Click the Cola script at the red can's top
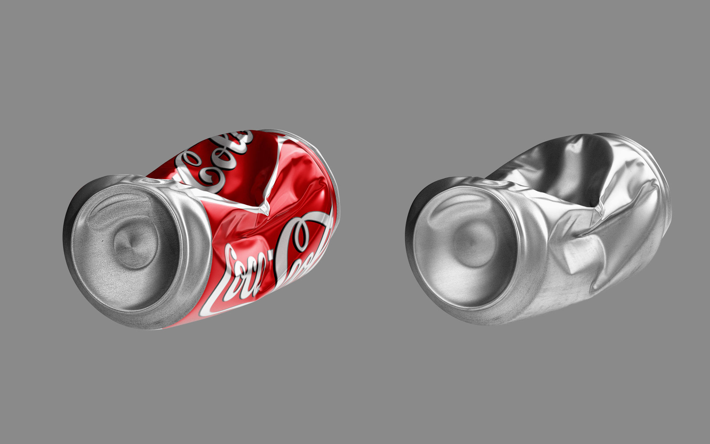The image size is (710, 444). [218, 163]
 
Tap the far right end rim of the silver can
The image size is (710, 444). [664, 192]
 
